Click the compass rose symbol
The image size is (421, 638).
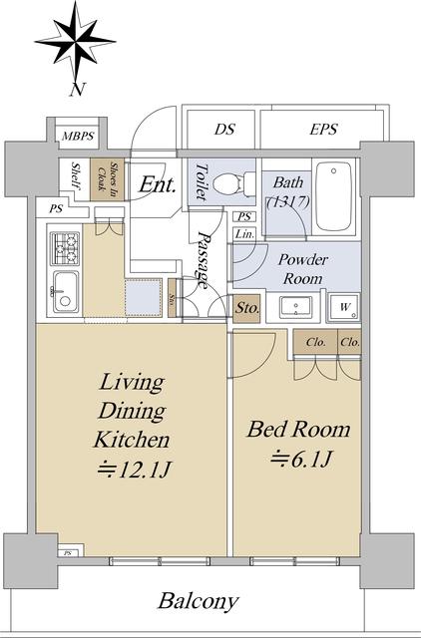75,42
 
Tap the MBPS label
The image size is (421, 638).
78,136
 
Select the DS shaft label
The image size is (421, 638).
224,130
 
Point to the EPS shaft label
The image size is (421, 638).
323,130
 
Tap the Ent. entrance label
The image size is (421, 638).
158,185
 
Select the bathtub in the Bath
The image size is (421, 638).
334,196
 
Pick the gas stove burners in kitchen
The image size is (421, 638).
65,248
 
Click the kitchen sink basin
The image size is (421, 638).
65,292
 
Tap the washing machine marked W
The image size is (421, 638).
344,307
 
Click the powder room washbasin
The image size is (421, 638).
296,307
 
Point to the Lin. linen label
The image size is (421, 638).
244,234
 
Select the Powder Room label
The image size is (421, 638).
302,269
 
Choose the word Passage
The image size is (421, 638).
203,259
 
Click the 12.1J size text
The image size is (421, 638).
134,471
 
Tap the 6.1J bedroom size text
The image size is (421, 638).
302,460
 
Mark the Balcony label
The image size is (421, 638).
199,601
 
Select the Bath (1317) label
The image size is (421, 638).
288,191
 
